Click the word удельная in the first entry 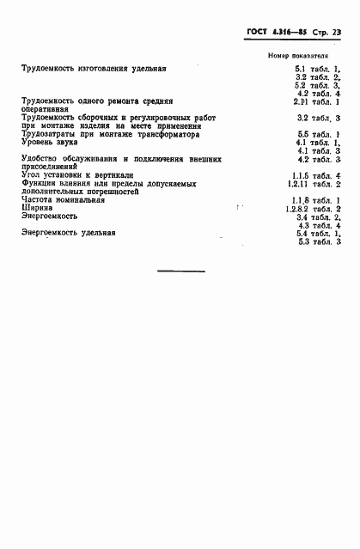146,68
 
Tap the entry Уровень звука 48,143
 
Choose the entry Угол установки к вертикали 77,175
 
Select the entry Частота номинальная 64,200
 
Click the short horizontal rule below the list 179,271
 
